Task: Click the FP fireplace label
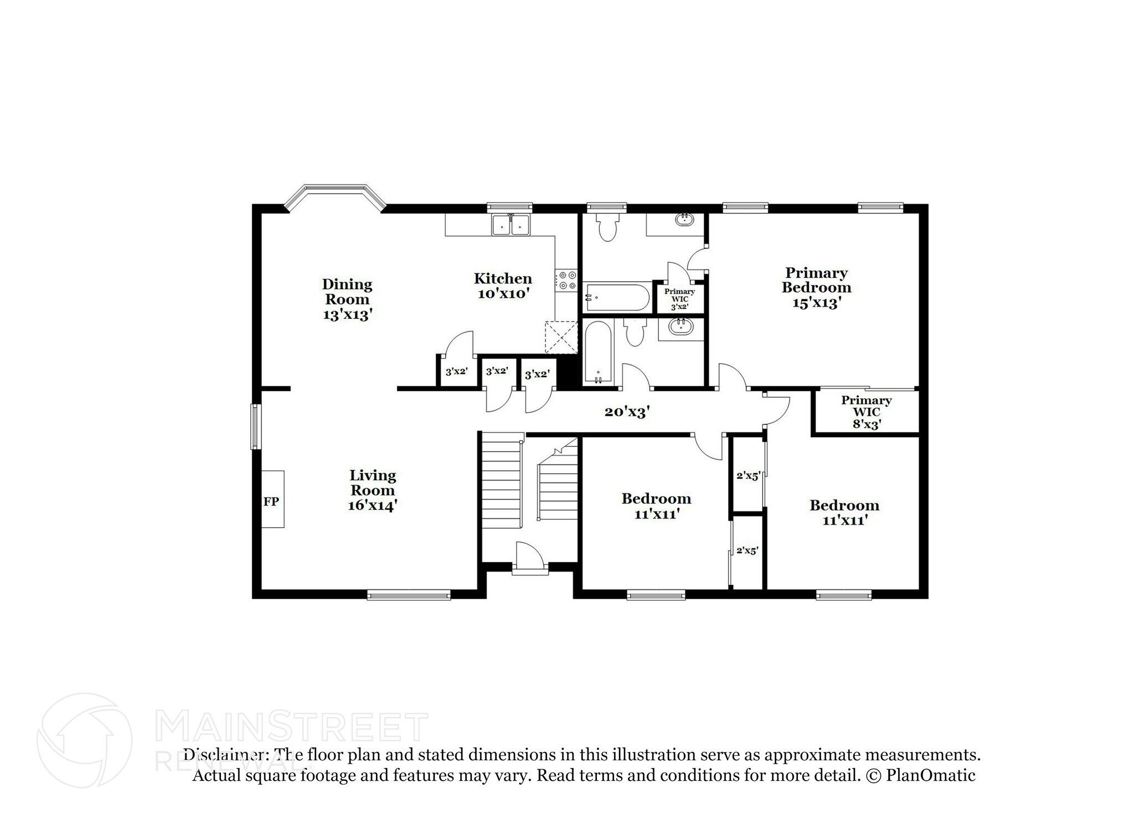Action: pyautogui.click(x=271, y=501)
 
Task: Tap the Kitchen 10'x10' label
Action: pyautogui.click(x=503, y=286)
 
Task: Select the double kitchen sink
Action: pyautogui.click(x=511, y=225)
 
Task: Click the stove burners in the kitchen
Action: pyautogui.click(x=566, y=279)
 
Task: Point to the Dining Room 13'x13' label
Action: pyautogui.click(x=347, y=299)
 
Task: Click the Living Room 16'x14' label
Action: pyautogui.click(x=372, y=490)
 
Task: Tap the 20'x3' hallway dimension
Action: pyautogui.click(x=626, y=412)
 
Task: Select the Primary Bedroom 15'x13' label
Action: pyautogui.click(x=816, y=288)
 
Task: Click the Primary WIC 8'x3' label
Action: pyautogui.click(x=866, y=412)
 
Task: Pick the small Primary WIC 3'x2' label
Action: pyautogui.click(x=679, y=299)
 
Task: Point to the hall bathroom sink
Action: pyautogui.click(x=680, y=327)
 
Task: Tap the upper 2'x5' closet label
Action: pyautogui.click(x=748, y=475)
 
